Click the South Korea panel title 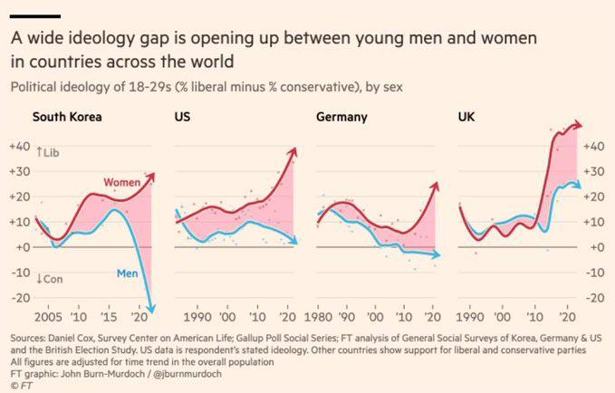[x=67, y=117]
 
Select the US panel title [x=182, y=117]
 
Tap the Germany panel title [x=342, y=117]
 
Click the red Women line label [x=121, y=183]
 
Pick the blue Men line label [x=127, y=273]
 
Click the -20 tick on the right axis [x=592, y=297]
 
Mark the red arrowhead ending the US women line [x=293, y=155]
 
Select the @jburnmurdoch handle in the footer [x=164, y=371]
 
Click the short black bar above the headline [x=35, y=15]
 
